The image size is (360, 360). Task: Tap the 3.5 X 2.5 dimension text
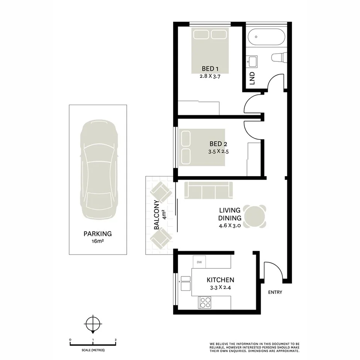pos(218,152)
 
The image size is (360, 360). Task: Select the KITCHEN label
pos(220,280)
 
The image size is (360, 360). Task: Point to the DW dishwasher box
pos(199,263)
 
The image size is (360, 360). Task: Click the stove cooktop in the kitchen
pos(205,302)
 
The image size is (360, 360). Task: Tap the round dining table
pos(255,216)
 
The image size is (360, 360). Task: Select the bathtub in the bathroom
pos(266,38)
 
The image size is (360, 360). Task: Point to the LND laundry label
pos(252,78)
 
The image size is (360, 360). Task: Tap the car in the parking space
pos(98,171)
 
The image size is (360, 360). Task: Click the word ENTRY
pos(275,292)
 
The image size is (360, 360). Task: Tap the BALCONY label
pos(156,215)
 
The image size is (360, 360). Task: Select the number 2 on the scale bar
pos(116,340)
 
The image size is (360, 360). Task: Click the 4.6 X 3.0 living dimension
pos(230,226)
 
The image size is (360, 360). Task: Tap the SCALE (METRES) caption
pos(93,350)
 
